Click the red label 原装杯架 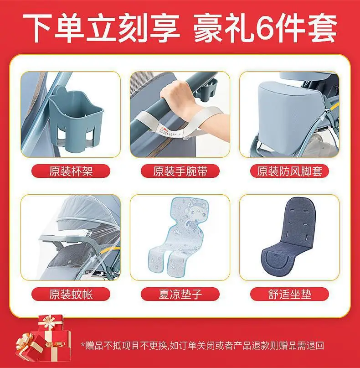click(71, 171)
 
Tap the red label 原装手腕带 click(180, 171)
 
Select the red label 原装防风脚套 click(289, 171)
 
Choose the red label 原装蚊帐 click(71, 294)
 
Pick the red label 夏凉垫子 click(180, 294)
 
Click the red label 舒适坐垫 click(289, 294)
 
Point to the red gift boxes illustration click(43, 338)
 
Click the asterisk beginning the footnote click(82, 344)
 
